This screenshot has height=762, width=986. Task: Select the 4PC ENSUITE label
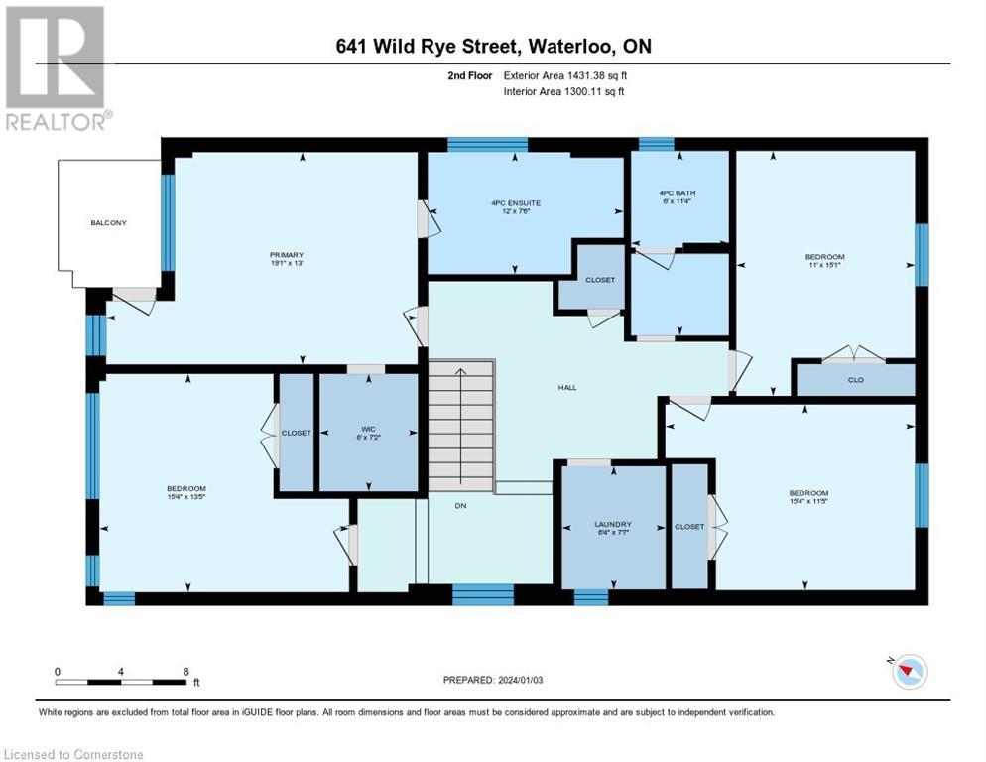coord(516,203)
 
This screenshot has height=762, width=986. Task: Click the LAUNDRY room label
coord(613,524)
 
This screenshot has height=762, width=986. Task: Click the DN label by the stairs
coord(460,505)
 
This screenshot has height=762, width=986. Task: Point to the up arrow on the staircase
coord(460,374)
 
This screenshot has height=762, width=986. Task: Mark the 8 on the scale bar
coord(185,671)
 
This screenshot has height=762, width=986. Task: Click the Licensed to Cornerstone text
coord(74,755)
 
